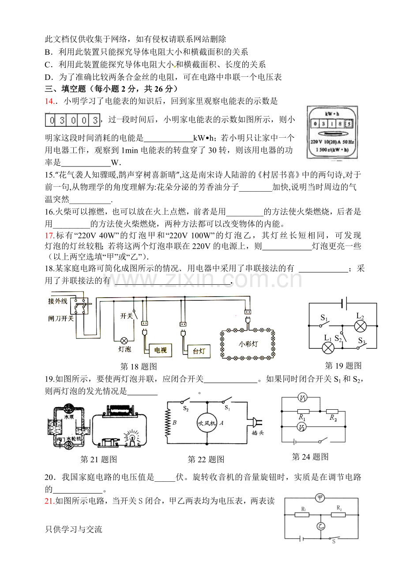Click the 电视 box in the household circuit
[x=160, y=350]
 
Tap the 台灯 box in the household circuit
[x=199, y=351]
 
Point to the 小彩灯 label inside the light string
[x=248, y=344]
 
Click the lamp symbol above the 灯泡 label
[x=124, y=340]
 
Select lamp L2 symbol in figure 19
[x=361, y=326]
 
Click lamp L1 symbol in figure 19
[x=328, y=348]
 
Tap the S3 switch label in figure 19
[x=362, y=340]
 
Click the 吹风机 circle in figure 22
[x=207, y=423]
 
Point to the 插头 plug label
[x=257, y=433]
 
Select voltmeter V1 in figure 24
[x=303, y=398]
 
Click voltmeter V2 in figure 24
[x=302, y=427]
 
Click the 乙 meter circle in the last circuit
[x=320, y=526]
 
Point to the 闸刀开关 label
[x=61, y=318]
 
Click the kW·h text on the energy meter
[x=332, y=114]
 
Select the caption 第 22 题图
[x=206, y=459]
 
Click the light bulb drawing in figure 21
[x=132, y=437]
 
